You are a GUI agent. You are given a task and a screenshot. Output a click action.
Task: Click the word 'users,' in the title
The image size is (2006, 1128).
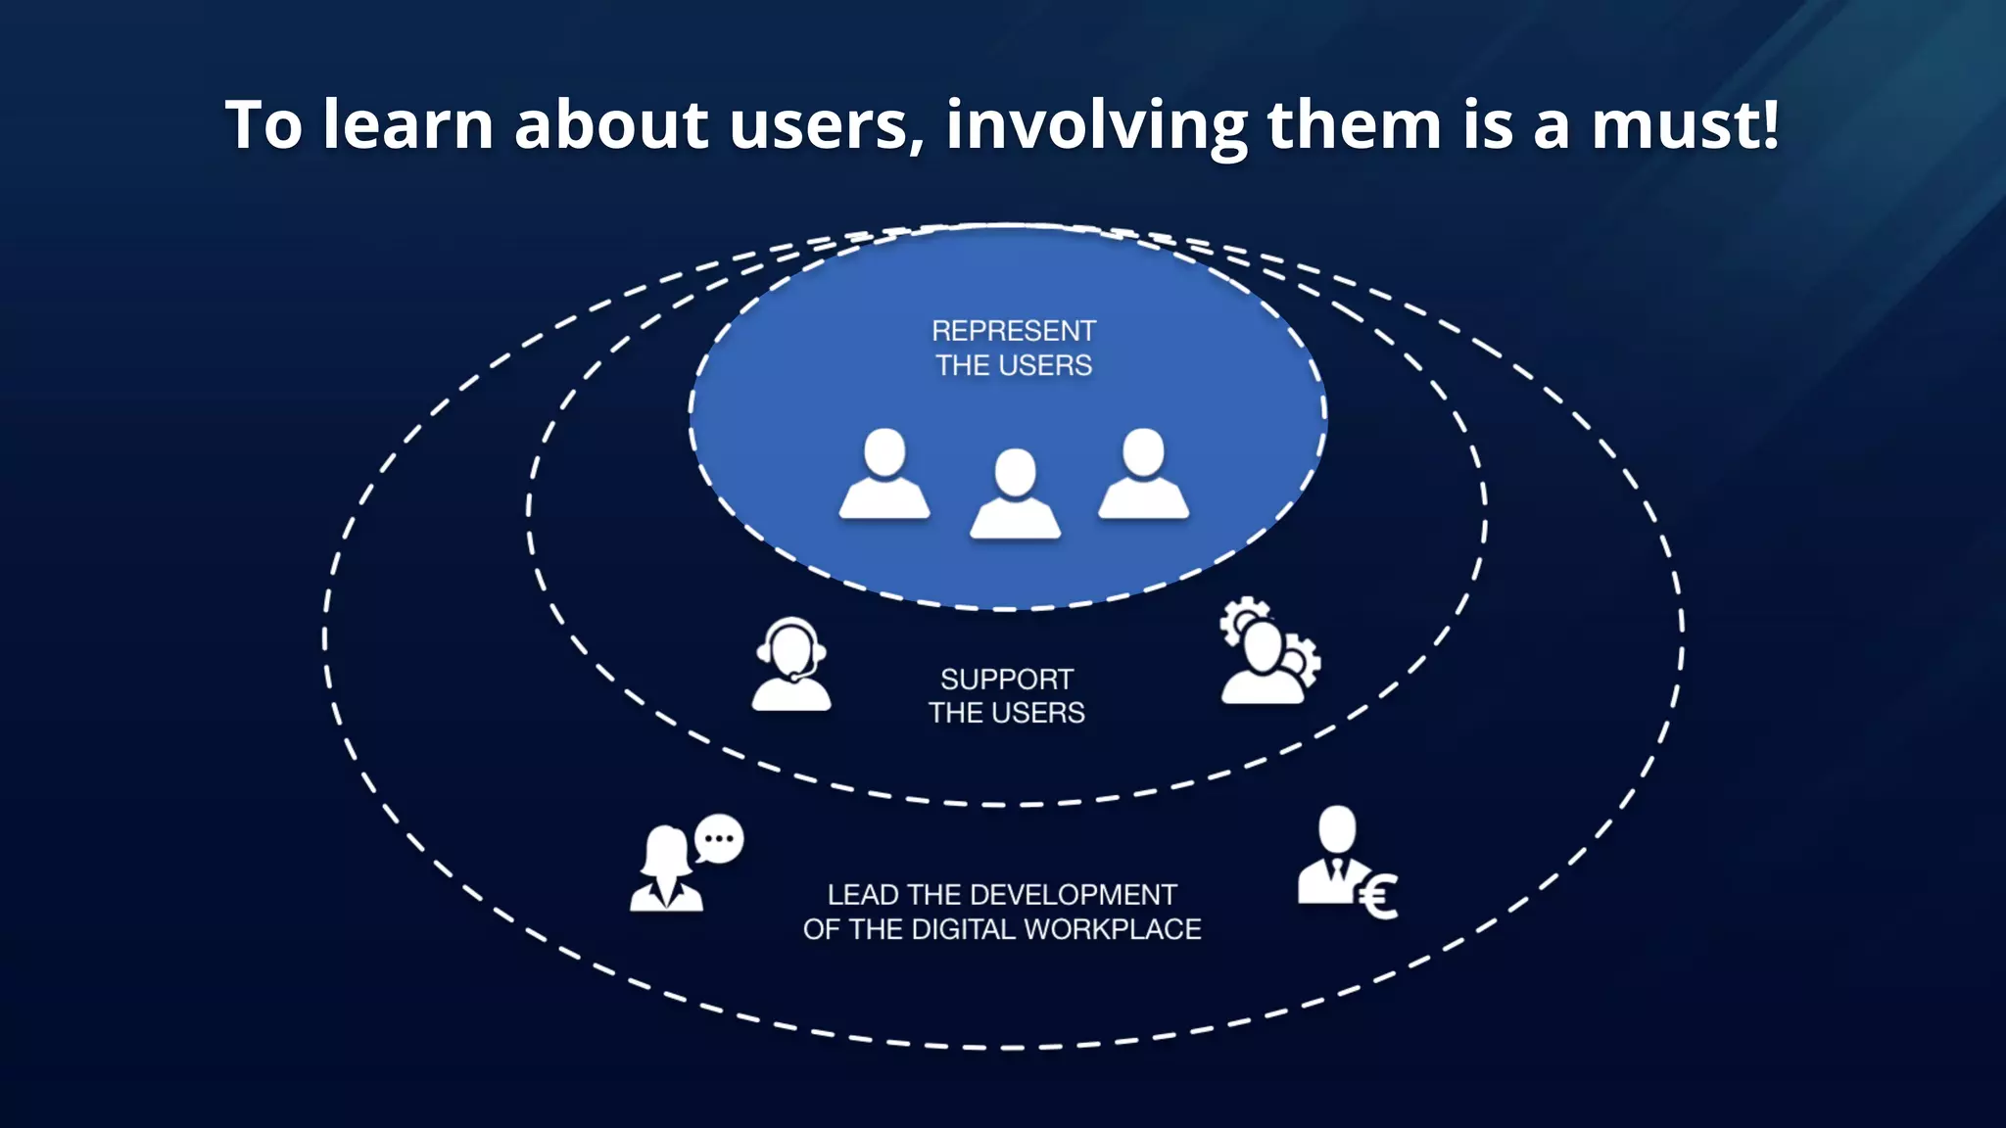click(x=826, y=125)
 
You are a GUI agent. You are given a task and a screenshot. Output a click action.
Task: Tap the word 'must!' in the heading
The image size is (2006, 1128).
click(x=1685, y=125)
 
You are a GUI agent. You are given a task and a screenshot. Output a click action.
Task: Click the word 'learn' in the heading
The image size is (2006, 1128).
click(x=407, y=125)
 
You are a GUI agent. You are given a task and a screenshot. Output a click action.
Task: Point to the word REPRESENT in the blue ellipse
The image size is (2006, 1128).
click(x=1013, y=331)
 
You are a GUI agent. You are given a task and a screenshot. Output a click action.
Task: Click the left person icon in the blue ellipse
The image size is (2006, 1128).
click(x=884, y=476)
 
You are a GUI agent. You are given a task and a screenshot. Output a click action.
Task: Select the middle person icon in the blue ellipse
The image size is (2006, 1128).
click(x=1015, y=495)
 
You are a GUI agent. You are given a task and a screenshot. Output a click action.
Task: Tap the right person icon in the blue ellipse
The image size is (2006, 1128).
click(x=1143, y=476)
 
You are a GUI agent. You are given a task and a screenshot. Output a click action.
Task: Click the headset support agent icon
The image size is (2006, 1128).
click(x=791, y=664)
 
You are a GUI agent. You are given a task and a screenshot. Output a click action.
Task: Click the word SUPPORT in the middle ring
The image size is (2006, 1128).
click(x=1007, y=680)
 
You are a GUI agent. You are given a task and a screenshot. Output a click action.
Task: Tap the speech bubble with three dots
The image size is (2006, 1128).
click(x=720, y=839)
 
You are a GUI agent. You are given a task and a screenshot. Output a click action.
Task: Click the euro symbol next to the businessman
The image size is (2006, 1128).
click(x=1379, y=897)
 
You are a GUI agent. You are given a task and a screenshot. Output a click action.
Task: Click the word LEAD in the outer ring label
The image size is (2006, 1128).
click(x=863, y=895)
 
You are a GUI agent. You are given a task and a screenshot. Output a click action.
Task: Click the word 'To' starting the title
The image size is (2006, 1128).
click(x=264, y=125)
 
